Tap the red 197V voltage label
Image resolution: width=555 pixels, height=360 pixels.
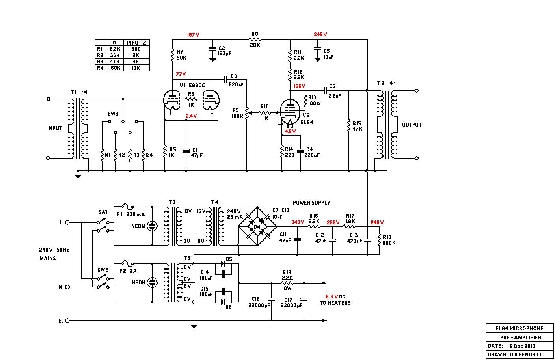[x=193, y=35]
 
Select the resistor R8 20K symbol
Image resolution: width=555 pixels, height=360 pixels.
[x=255, y=39]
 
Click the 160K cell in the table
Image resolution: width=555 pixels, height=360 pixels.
[x=115, y=68]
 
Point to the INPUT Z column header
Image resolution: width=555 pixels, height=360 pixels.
[x=136, y=43]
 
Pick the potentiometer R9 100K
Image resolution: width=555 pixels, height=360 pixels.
[x=247, y=114]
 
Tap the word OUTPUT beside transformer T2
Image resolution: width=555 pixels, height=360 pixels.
[x=412, y=125]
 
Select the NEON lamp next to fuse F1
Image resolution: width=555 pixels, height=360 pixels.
[x=152, y=226]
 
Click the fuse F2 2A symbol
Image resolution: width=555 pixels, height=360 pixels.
[x=127, y=262]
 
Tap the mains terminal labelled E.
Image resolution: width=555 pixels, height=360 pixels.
[x=67, y=321]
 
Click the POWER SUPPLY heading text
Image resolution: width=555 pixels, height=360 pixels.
[x=311, y=203]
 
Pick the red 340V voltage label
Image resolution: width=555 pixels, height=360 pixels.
[x=297, y=222]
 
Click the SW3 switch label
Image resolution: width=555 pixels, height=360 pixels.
[x=113, y=114]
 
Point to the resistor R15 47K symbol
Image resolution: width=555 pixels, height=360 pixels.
[x=349, y=126]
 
